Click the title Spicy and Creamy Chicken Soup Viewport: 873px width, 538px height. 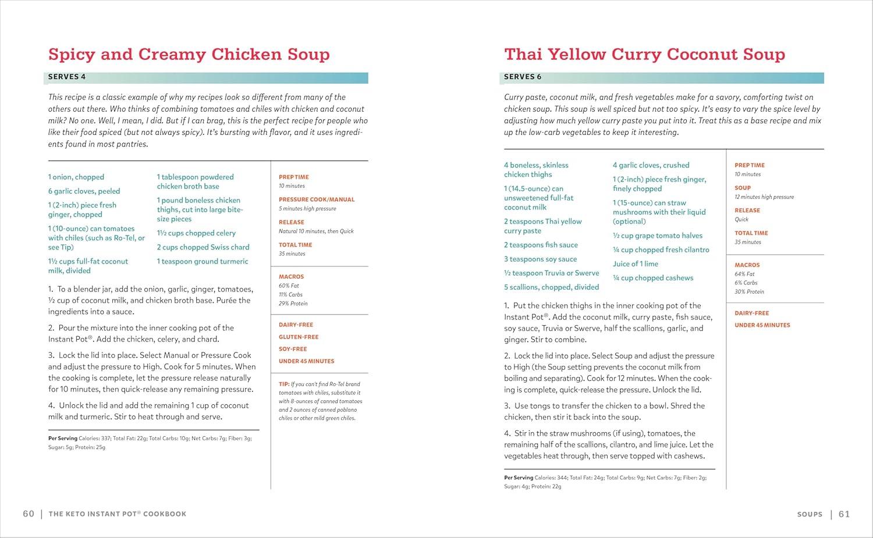point(189,54)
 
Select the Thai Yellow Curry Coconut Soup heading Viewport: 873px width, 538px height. point(644,54)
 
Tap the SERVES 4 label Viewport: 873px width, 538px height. point(67,77)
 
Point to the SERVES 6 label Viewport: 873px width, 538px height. point(523,77)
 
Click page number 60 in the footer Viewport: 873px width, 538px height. point(29,514)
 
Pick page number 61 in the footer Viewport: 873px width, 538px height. point(844,514)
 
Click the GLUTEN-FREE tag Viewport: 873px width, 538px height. point(299,337)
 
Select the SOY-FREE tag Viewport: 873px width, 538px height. point(293,349)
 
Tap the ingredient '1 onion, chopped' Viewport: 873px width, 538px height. point(76,177)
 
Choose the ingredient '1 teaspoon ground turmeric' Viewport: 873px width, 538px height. point(203,261)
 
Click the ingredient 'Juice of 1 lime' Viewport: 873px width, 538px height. point(636,263)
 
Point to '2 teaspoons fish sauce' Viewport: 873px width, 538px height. point(541,245)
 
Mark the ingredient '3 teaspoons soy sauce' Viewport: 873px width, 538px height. point(540,259)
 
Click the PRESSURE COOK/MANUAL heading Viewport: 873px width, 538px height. point(317,199)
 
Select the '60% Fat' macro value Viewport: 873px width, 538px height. point(289,286)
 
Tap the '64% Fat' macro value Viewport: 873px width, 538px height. point(744,274)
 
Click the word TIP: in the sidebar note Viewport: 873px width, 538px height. point(284,384)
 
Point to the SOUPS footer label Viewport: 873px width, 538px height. point(810,514)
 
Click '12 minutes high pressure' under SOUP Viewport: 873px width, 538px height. point(764,197)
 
